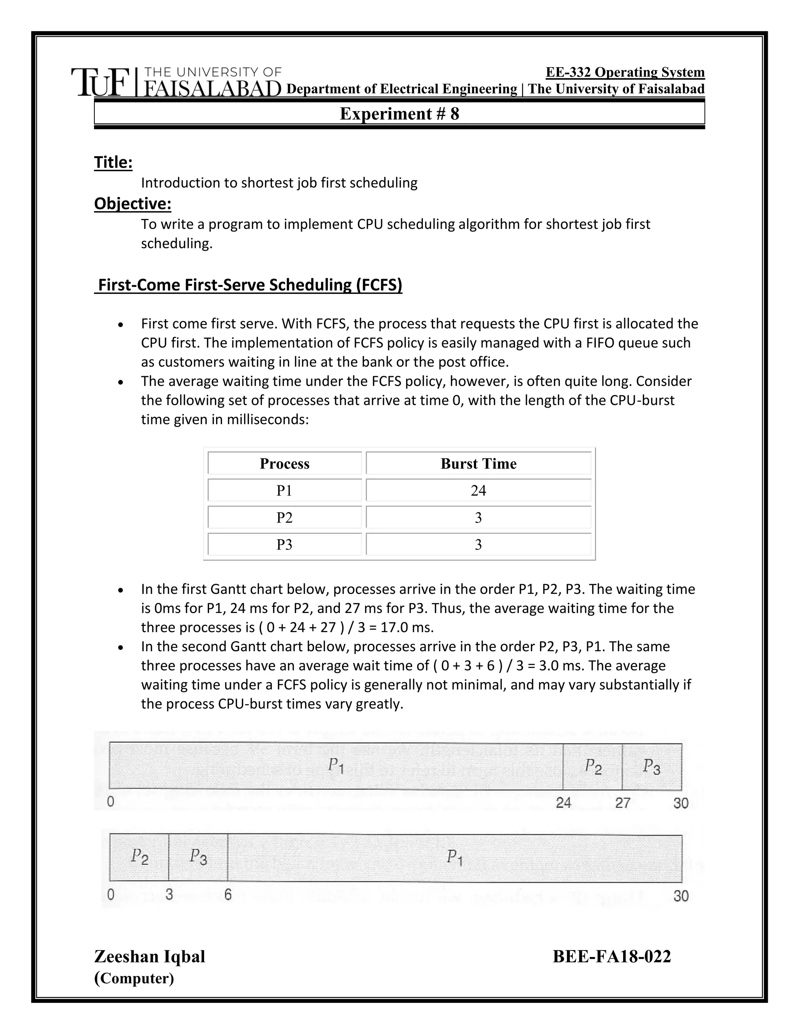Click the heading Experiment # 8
pyautogui.click(x=399, y=114)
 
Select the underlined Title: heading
pyautogui.click(x=113, y=162)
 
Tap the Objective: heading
pyautogui.click(x=133, y=204)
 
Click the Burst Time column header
pyautogui.click(x=478, y=464)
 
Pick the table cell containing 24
pyautogui.click(x=478, y=490)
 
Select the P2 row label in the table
pyautogui.click(x=284, y=517)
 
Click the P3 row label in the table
pyautogui.click(x=284, y=544)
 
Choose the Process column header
pyautogui.click(x=284, y=464)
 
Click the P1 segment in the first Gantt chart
pyautogui.click(x=336, y=766)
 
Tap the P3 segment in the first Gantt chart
pyautogui.click(x=651, y=766)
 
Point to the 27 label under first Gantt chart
pyautogui.click(x=622, y=803)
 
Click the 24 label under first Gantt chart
pyautogui.click(x=563, y=803)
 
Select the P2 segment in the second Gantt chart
pyautogui.click(x=139, y=856)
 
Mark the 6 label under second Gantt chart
pyautogui.click(x=228, y=894)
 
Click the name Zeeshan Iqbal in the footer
pyautogui.click(x=149, y=956)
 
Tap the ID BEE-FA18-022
pyautogui.click(x=612, y=956)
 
